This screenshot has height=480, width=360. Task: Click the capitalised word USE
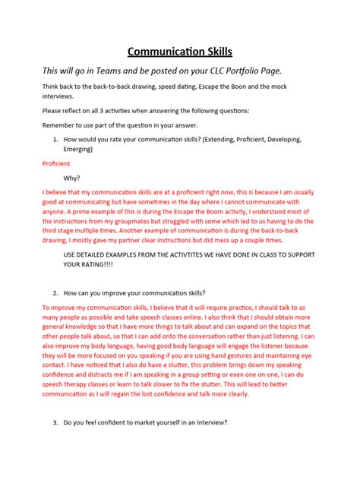pyautogui.click(x=73, y=254)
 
